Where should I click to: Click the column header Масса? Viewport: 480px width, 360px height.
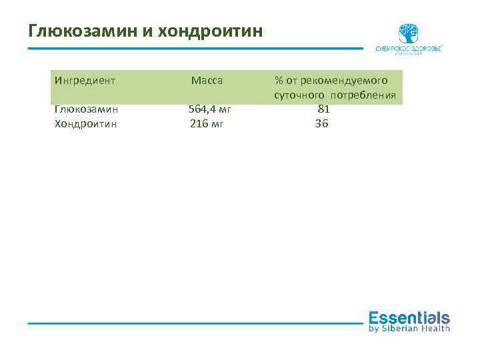coord(207,81)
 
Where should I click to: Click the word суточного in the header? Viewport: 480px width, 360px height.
coord(297,95)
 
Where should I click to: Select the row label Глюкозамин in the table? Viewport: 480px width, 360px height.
coord(85,109)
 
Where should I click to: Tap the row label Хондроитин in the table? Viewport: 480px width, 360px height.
coord(85,123)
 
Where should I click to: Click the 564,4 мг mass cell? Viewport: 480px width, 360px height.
coord(209,109)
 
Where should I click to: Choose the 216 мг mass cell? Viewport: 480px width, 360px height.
coord(207,123)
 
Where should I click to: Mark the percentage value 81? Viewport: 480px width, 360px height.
coord(323,109)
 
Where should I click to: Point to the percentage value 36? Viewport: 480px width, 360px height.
coord(322,123)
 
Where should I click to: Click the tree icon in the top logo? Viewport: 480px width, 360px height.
coord(409,33)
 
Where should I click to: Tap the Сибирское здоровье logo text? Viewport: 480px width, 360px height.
coord(409,49)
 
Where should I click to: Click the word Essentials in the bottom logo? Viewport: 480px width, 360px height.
coord(409,317)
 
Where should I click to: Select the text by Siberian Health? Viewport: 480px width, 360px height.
coord(409,328)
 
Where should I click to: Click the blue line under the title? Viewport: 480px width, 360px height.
coord(193,48)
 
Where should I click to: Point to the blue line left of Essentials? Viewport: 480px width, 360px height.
coord(193,323)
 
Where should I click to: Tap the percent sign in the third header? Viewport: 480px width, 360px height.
coord(278,81)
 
